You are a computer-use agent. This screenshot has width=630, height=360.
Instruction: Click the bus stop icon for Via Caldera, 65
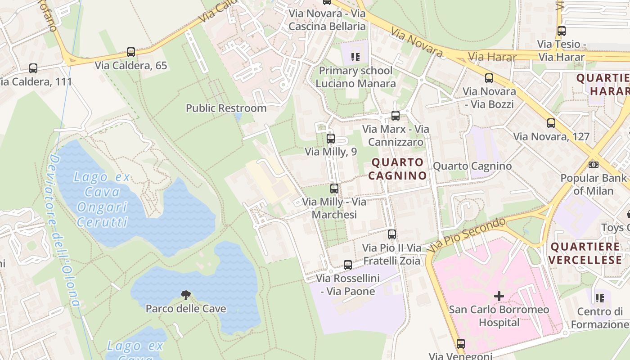click(x=131, y=52)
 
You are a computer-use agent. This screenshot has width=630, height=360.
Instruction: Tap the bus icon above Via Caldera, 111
click(x=33, y=68)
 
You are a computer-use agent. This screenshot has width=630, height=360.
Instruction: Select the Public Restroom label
click(x=226, y=108)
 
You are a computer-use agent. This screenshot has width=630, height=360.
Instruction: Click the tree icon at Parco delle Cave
click(x=185, y=295)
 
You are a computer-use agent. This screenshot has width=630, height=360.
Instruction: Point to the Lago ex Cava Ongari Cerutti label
click(x=102, y=199)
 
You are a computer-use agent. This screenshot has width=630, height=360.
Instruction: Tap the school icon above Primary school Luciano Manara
click(x=355, y=57)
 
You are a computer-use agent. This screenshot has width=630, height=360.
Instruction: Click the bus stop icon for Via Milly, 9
click(x=331, y=139)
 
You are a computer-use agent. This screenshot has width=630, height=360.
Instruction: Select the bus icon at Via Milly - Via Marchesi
click(x=334, y=189)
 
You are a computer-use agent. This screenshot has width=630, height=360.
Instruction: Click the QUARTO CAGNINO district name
click(x=397, y=169)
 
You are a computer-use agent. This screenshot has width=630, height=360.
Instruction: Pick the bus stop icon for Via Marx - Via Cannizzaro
click(x=396, y=116)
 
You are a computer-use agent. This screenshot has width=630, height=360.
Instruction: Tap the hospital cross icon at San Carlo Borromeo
click(x=499, y=296)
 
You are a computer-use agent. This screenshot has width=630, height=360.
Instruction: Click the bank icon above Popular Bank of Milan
click(x=594, y=165)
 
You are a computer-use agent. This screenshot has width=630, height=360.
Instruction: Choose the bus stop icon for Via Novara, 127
click(x=551, y=123)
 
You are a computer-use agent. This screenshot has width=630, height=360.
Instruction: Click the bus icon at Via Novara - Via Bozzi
click(x=489, y=78)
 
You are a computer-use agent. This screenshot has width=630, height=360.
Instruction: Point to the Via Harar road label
click(x=489, y=57)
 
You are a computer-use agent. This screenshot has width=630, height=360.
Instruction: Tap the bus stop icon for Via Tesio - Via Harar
click(x=562, y=31)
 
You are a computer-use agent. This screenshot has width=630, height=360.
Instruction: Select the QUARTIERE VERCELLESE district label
click(x=585, y=253)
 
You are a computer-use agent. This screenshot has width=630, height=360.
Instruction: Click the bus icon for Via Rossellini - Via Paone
click(x=348, y=265)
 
